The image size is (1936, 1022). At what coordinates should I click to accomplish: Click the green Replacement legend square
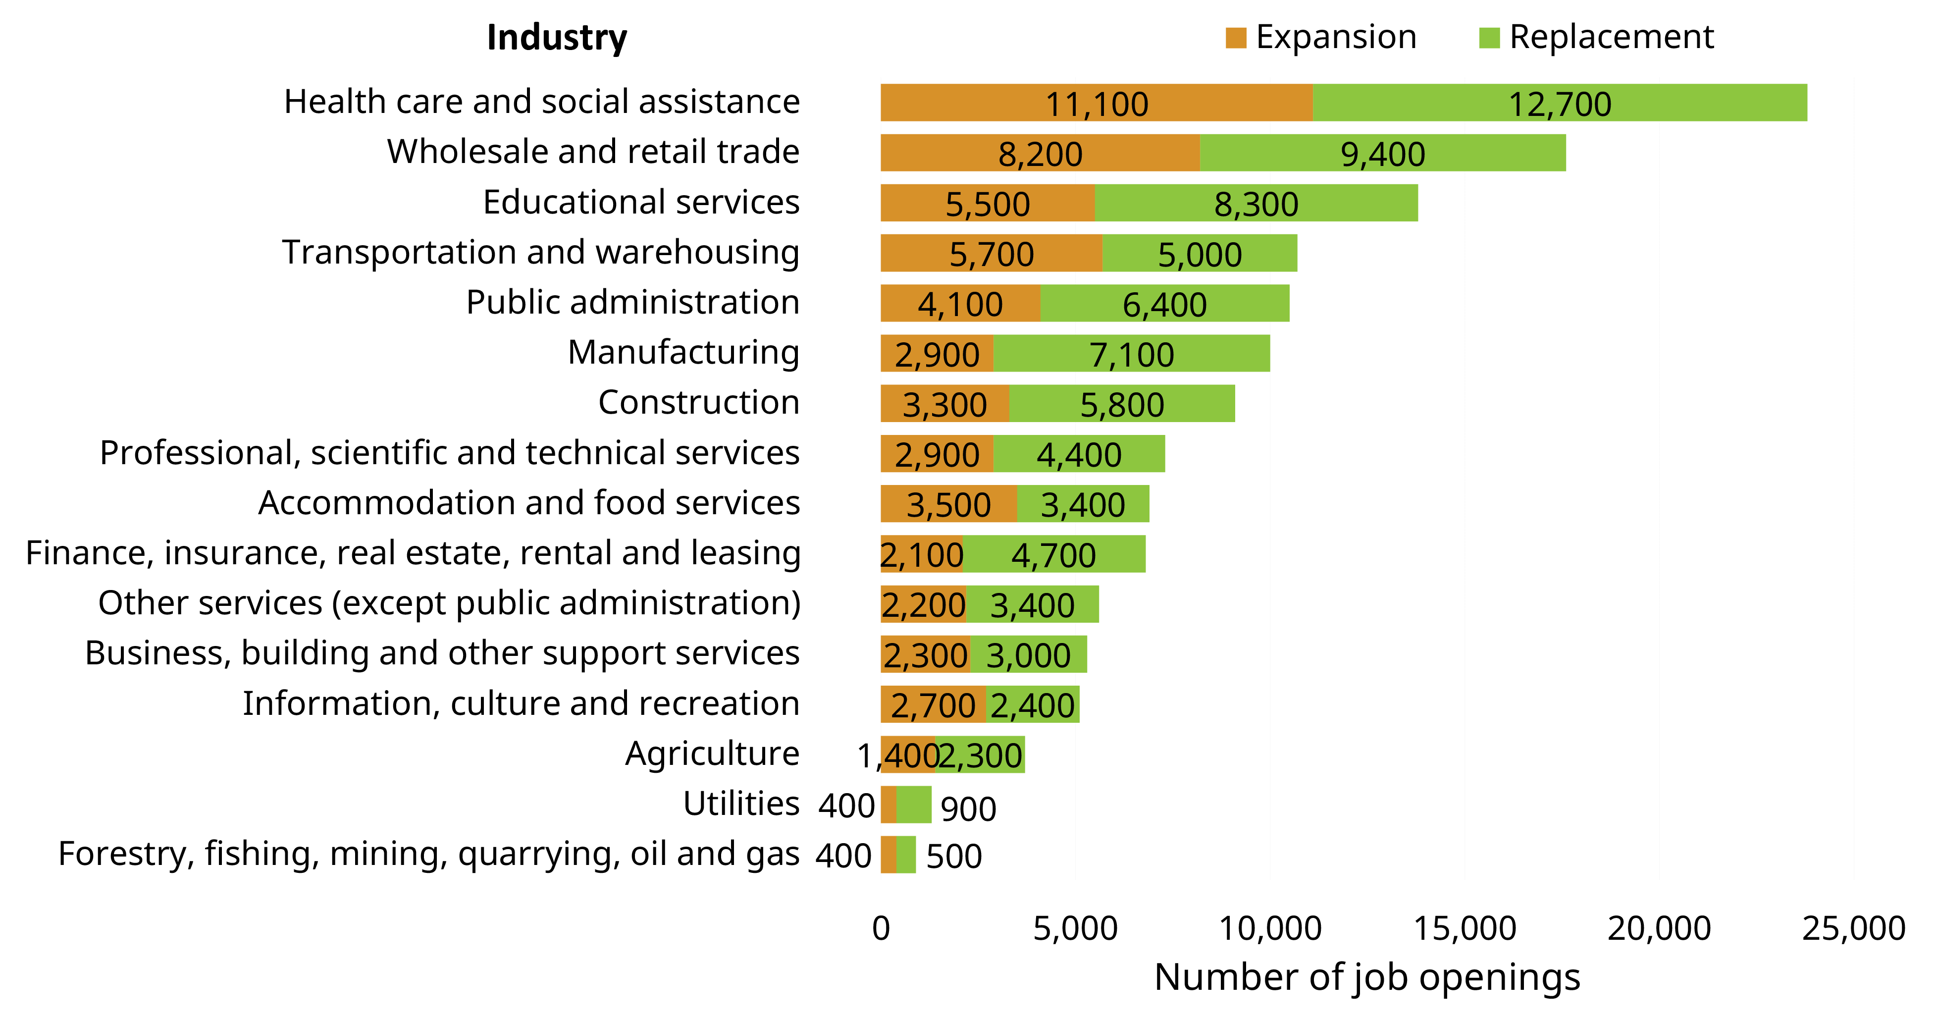point(1489,38)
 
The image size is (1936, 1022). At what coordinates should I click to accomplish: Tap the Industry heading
point(556,38)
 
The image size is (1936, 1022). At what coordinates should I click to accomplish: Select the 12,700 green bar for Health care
point(1560,103)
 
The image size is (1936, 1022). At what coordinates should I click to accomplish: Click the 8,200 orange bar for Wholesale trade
point(1040,153)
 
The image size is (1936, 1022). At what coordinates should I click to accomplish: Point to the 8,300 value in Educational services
point(1256,204)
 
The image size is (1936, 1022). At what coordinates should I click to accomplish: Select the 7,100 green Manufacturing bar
point(1131,354)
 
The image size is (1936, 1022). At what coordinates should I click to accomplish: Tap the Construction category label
point(698,402)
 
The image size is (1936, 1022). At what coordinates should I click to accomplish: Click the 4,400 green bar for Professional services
point(1079,454)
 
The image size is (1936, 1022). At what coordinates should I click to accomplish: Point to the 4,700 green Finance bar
point(1053,554)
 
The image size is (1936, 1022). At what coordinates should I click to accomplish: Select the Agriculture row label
point(712,753)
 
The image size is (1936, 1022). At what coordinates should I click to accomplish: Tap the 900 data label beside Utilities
point(968,808)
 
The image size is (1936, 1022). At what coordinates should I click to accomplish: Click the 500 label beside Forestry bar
point(954,856)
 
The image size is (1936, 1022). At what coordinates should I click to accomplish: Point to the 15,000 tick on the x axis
point(1464,928)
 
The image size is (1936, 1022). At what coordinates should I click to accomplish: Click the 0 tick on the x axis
point(881,928)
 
